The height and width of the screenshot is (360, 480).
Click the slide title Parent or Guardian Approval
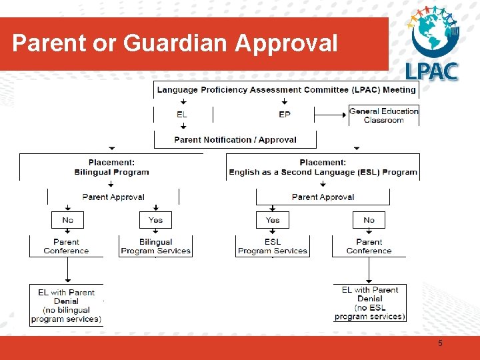[175, 43]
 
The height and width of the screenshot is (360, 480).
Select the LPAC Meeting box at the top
[286, 90]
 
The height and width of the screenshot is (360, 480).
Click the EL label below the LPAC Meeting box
[182, 115]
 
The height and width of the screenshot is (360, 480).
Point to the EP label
[285, 115]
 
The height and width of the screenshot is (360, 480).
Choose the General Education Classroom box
[384, 115]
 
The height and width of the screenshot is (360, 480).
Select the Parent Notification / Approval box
[235, 140]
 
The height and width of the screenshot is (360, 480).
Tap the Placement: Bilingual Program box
[111, 167]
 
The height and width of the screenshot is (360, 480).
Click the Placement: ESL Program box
[323, 167]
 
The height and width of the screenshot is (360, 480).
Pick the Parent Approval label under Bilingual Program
[113, 197]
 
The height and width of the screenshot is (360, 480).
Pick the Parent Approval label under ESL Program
[323, 197]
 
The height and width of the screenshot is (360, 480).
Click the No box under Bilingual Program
[68, 220]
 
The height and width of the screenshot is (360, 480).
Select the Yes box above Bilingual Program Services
[155, 220]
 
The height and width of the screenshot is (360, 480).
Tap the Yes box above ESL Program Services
[273, 220]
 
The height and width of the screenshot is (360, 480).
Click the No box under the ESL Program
[369, 220]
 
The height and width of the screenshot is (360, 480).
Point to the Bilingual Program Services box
[155, 246]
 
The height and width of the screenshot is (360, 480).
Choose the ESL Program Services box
[273, 246]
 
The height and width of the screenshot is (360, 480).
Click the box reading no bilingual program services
[66, 305]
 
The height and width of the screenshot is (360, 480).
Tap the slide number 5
[440, 343]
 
